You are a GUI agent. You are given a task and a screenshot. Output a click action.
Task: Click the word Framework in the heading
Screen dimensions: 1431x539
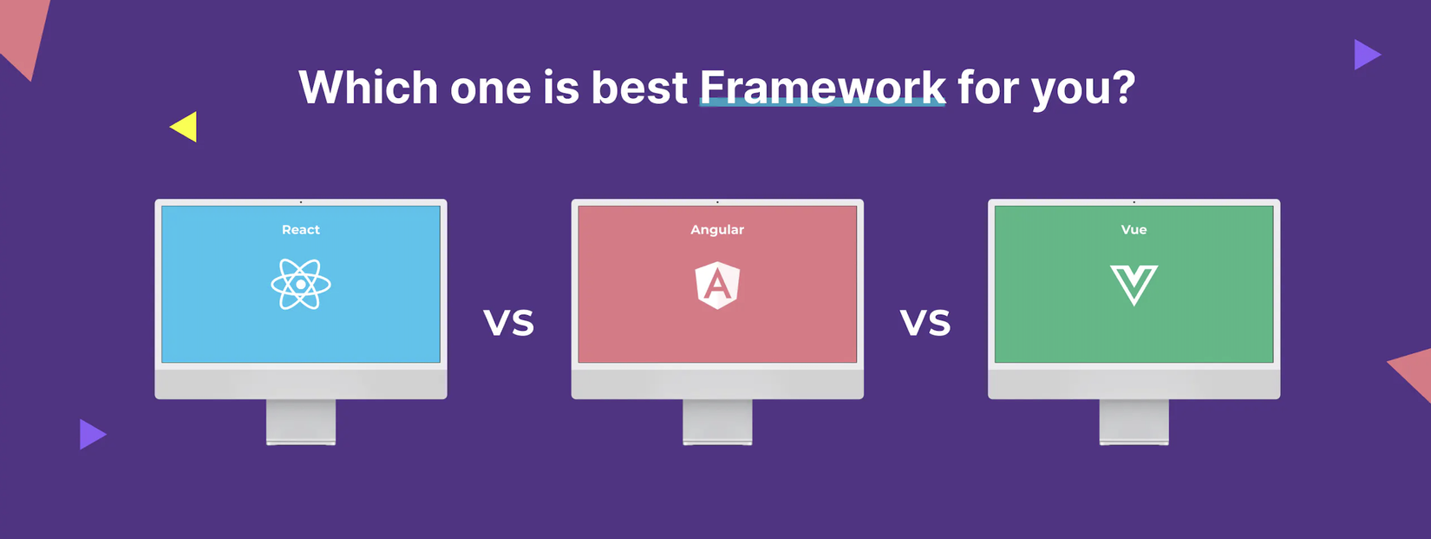(822, 87)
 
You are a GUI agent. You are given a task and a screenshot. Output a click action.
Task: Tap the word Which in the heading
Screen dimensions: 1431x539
(368, 87)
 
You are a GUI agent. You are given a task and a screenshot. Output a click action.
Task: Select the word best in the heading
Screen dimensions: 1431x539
(639, 87)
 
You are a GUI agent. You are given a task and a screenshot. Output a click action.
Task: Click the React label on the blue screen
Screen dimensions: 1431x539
(301, 229)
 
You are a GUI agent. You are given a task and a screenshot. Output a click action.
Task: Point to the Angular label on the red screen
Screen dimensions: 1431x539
(717, 230)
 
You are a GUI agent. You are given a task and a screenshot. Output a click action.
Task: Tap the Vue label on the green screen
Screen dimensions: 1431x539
(1134, 229)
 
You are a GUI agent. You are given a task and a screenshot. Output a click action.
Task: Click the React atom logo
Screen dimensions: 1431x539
(301, 285)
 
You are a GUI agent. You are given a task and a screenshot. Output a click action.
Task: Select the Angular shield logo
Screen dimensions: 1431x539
(717, 286)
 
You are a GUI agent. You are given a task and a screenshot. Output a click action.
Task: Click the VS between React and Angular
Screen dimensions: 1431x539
(508, 323)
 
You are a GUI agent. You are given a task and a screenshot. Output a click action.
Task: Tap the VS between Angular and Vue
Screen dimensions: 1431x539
(925, 323)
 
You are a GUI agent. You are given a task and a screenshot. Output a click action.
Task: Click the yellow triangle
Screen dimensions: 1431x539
(186, 127)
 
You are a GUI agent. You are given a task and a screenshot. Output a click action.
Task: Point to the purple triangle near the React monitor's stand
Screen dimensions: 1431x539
(91, 434)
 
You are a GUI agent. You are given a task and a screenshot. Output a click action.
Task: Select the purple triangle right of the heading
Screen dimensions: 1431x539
(1366, 55)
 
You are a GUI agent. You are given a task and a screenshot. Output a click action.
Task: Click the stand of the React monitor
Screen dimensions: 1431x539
(301, 422)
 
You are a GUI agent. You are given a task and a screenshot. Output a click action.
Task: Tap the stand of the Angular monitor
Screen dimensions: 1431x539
(717, 422)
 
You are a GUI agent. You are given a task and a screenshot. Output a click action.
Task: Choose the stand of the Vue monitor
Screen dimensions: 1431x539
(1134, 422)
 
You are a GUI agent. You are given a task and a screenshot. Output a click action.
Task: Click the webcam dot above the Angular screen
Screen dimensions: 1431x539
(717, 202)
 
